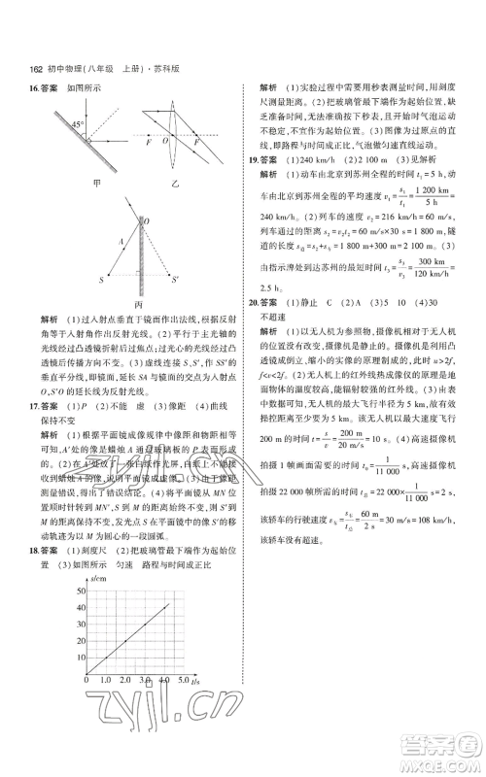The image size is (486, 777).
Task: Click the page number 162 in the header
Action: tap(36, 69)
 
